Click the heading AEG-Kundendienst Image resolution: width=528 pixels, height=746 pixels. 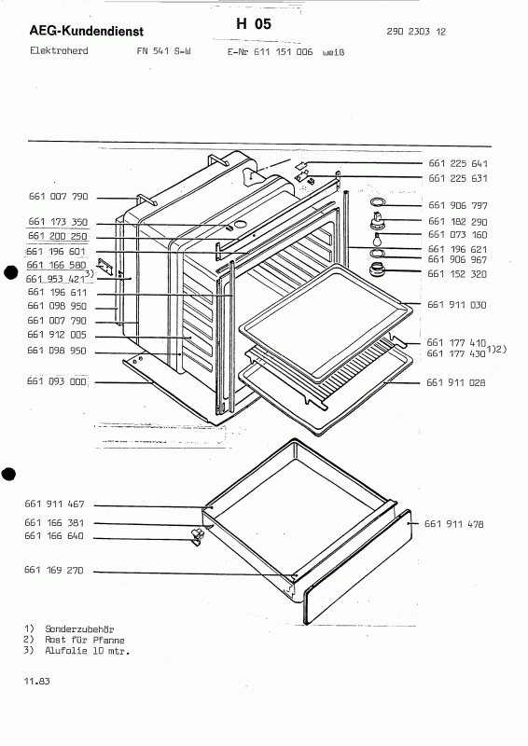[x=86, y=32]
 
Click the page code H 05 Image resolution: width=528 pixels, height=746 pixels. [x=254, y=24]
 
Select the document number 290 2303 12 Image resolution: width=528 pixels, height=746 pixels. [x=416, y=32]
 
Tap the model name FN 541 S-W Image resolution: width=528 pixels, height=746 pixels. [x=163, y=51]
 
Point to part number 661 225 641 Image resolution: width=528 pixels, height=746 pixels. [x=457, y=164]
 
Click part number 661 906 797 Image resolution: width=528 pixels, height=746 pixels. [x=457, y=205]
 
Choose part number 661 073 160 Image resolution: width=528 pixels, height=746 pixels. [x=457, y=235]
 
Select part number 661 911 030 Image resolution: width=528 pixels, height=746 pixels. [x=456, y=305]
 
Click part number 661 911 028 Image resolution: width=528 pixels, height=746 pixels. [x=455, y=382]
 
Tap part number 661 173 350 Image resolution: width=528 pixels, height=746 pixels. [x=58, y=222]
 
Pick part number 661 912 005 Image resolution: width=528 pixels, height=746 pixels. [x=57, y=335]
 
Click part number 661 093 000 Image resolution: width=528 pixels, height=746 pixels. [x=57, y=381]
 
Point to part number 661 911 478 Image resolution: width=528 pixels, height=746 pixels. [x=453, y=524]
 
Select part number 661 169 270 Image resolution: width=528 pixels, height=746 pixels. [x=54, y=570]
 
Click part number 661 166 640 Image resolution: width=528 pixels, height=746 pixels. [x=54, y=536]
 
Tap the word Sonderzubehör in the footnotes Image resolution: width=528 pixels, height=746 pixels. [x=79, y=629]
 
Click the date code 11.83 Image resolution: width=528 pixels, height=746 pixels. [x=36, y=682]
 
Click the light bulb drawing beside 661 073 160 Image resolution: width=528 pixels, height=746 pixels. [x=378, y=239]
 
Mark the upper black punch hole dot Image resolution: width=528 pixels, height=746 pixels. [x=10, y=273]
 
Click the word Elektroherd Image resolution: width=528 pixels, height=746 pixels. [x=59, y=50]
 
